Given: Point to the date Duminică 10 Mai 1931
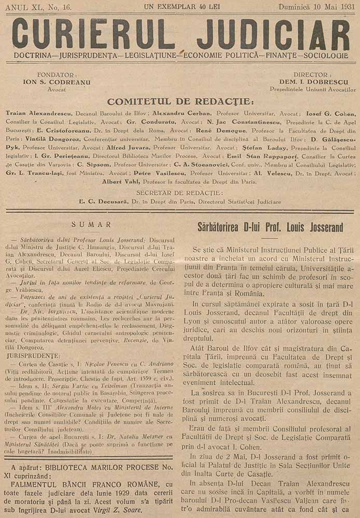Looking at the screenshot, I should [316, 7].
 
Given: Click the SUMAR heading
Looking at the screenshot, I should [91, 225].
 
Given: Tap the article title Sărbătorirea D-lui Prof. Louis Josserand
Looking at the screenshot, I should [270, 227].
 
